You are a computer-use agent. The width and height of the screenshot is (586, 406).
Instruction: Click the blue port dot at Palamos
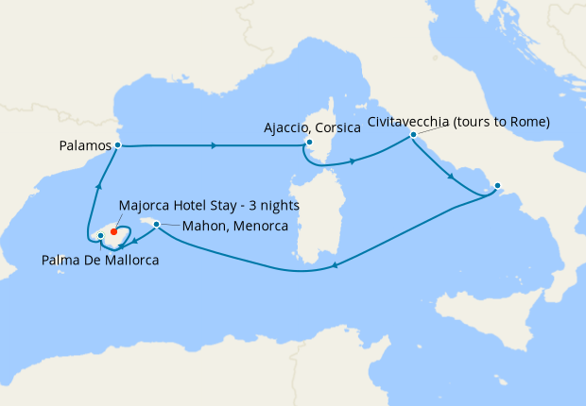click(117, 145)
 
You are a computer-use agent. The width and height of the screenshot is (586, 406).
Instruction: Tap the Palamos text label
click(83, 146)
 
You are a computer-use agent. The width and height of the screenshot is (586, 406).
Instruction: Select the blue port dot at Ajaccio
click(309, 143)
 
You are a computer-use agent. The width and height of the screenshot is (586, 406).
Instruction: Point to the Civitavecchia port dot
click(413, 135)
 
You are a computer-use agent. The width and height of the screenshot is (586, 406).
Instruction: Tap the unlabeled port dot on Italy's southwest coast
click(498, 186)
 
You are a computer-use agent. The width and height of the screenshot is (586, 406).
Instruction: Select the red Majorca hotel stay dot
click(113, 228)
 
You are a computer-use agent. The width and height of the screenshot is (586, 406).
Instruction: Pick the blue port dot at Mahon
click(156, 225)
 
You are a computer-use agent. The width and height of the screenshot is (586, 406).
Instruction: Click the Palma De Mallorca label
click(100, 259)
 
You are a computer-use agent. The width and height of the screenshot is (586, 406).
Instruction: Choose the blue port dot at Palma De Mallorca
click(100, 235)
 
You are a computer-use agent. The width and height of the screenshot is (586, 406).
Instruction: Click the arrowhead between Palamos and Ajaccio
click(215, 145)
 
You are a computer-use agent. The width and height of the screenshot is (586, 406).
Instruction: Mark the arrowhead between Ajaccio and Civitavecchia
click(353, 161)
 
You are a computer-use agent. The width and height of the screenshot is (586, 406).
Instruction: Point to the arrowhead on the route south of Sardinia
click(334, 266)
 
